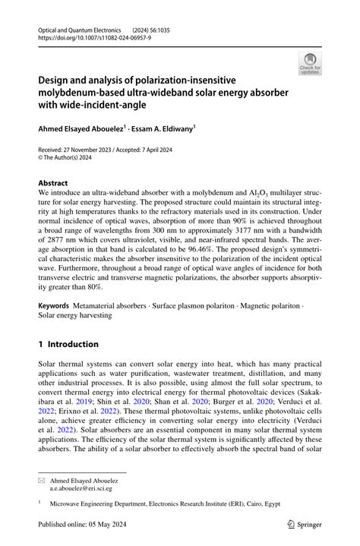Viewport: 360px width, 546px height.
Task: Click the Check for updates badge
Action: coord(309,63)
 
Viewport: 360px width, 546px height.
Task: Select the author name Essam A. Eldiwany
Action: coord(163,130)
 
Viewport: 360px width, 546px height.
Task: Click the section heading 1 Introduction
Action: coord(74,344)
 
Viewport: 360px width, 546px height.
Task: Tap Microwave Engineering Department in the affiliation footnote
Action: coord(106,503)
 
